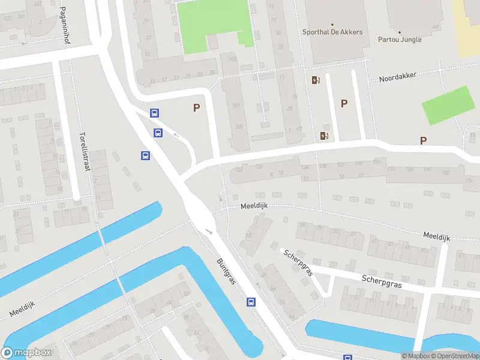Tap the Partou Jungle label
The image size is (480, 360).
pos(400,40)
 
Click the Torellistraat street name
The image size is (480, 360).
pos(85,152)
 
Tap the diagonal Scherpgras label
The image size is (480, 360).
pos(299,263)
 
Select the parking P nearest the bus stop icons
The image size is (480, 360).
pos(196,108)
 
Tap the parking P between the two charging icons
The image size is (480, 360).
pos(344,103)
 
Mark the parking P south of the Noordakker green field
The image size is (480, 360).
pos(423,140)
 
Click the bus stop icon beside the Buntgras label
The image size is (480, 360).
pos(251,302)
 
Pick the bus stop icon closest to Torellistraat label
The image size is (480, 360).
pos(145,156)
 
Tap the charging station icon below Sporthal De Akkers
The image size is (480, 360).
pos(316,80)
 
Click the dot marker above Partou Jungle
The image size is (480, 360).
pos(399,32)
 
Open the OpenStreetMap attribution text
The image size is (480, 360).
pos(454,356)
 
